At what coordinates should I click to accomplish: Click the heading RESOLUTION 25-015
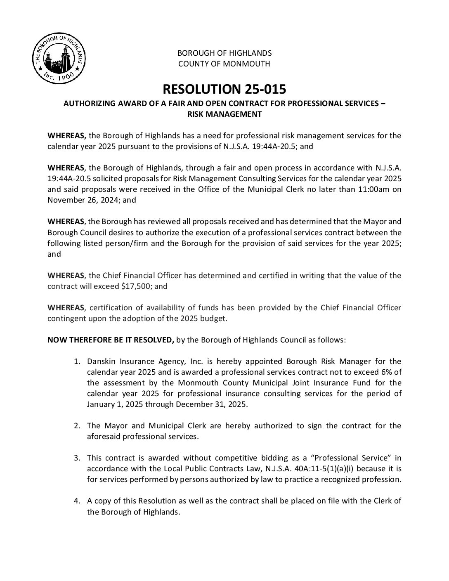224,89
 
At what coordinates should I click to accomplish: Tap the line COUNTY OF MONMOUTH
224,64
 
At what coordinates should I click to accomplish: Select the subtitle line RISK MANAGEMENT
224,114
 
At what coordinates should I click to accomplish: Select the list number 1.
76,362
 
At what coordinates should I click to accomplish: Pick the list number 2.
76,425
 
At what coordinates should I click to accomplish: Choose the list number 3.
76,458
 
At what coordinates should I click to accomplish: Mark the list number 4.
76,501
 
